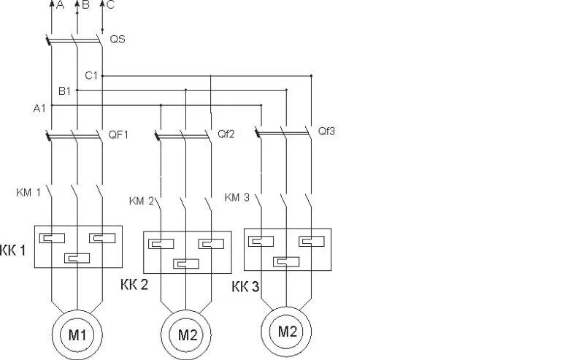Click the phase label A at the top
(x=60, y=6)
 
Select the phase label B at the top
(x=86, y=6)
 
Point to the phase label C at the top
(x=110, y=6)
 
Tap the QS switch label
(x=117, y=39)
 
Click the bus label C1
(x=91, y=75)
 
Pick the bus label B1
(x=64, y=91)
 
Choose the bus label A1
(x=39, y=107)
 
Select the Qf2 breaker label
(x=226, y=134)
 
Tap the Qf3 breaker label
(x=326, y=131)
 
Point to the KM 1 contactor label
(x=29, y=193)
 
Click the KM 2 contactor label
(x=142, y=201)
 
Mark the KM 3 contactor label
(x=237, y=197)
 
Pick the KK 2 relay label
(x=134, y=285)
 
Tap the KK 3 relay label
(x=245, y=286)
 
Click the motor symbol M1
(x=77, y=335)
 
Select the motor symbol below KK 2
(x=188, y=335)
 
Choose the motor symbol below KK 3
(x=287, y=331)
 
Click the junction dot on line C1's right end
(x=312, y=75)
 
